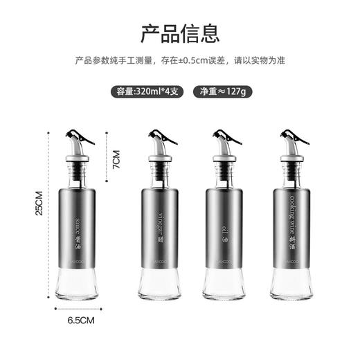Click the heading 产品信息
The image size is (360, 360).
coord(180,32)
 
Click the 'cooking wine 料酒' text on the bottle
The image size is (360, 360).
coord(291,222)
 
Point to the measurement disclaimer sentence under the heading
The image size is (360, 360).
coord(180,60)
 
